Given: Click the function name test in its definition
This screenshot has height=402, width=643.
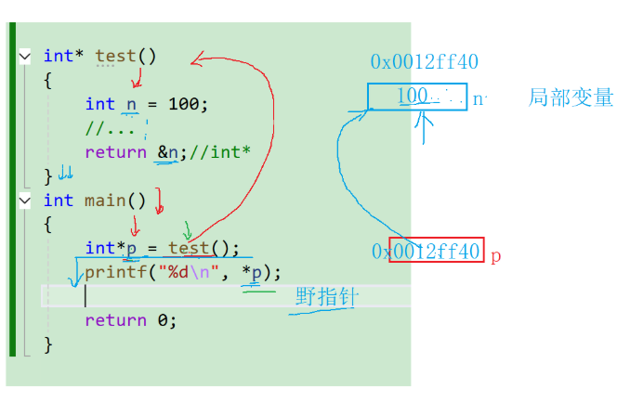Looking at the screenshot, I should (x=117, y=56).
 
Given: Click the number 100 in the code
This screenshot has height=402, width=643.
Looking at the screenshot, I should (x=183, y=104).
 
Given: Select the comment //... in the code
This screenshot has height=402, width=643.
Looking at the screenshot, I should (x=110, y=128).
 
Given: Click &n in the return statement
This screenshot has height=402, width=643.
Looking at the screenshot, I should (x=167, y=152).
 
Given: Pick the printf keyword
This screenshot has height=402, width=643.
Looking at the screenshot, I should (x=110, y=273).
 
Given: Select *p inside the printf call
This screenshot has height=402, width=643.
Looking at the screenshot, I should (x=252, y=273).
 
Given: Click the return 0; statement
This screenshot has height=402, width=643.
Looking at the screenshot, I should (x=129, y=320).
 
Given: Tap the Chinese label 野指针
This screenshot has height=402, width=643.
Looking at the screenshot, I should (x=326, y=297).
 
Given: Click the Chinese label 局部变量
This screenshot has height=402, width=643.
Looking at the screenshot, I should (x=571, y=97).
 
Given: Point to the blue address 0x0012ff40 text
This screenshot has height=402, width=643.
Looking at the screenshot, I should (x=424, y=62).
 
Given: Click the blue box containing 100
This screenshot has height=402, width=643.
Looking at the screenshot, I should (x=417, y=97).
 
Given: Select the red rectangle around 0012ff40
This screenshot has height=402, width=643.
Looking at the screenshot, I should (x=437, y=251).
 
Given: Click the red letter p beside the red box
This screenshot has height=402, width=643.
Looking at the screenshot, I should (x=495, y=254).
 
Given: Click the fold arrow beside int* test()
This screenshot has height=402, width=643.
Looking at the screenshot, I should (x=25, y=57).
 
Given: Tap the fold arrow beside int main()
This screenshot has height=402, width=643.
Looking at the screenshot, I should (x=25, y=201).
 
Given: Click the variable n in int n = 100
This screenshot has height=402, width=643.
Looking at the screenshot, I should (x=131, y=104).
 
